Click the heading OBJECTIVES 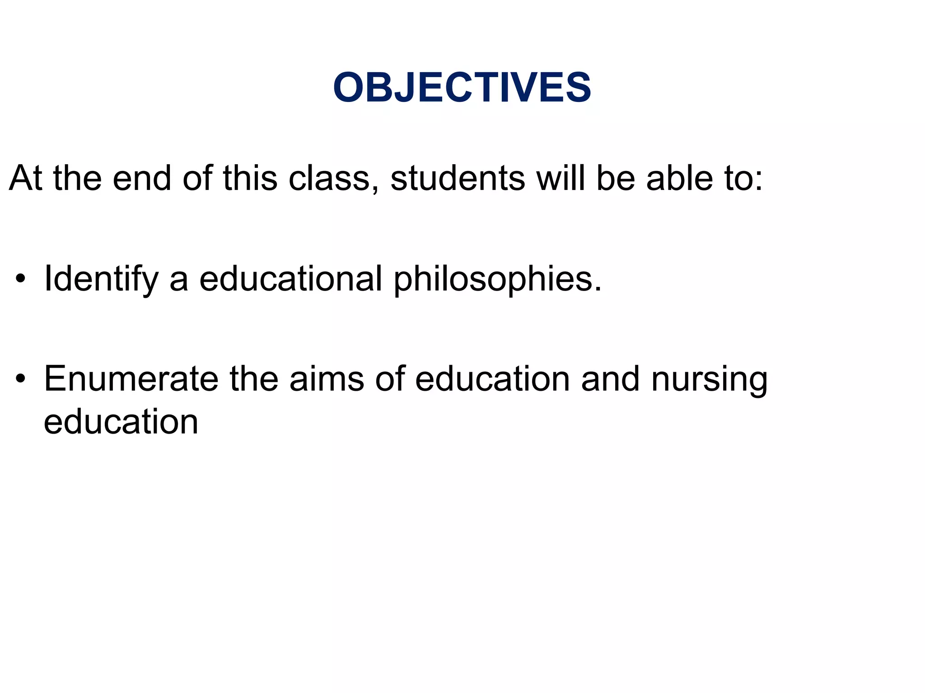click(x=462, y=88)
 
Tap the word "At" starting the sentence click(x=25, y=179)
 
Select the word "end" click(x=142, y=179)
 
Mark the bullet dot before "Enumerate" click(x=20, y=379)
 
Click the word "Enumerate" click(x=131, y=379)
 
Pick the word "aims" click(x=327, y=379)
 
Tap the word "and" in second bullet click(x=610, y=379)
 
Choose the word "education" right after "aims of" click(x=492, y=379)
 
